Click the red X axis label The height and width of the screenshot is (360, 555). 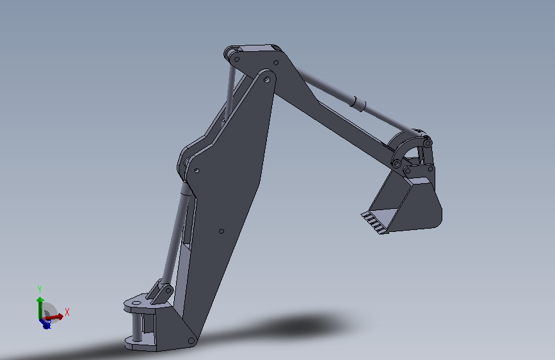67,312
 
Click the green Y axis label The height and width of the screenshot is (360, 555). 40,290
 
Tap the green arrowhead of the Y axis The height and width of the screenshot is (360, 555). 40,300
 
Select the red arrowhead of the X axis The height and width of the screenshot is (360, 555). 60,316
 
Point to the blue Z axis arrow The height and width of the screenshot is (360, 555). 45,323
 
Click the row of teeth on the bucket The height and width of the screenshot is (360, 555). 374,223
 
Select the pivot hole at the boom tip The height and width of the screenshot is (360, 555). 267,79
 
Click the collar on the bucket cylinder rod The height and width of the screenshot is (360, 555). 358,104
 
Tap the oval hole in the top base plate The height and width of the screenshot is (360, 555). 136,303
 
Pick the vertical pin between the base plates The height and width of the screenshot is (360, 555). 136,327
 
